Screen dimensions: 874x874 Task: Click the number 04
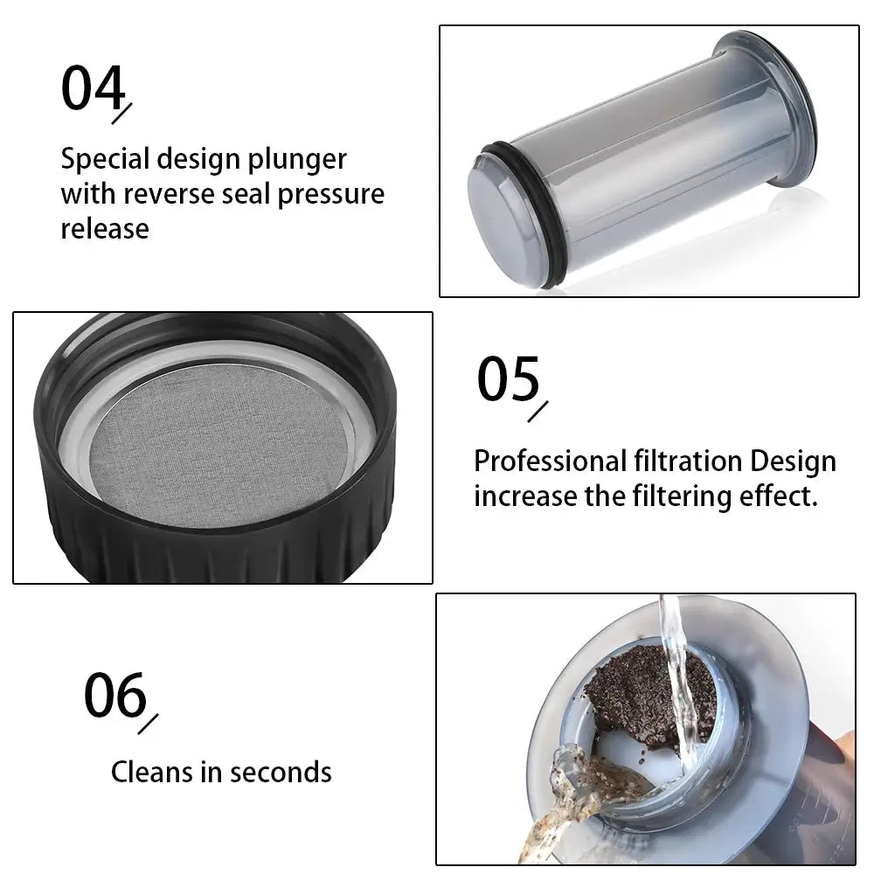tap(94, 87)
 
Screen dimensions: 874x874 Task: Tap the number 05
tap(509, 379)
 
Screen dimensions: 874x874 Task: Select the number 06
tap(115, 695)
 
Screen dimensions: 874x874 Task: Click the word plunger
tap(297, 161)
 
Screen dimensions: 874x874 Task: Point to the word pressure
tap(331, 196)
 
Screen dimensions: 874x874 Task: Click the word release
tap(105, 229)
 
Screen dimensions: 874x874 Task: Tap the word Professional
tap(550, 461)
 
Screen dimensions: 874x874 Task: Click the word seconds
tap(281, 773)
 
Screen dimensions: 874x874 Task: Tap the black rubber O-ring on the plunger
tap(518, 215)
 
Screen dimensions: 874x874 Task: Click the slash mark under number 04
tap(121, 114)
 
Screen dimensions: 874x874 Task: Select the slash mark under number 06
tap(148, 724)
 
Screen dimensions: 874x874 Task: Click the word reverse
tap(169, 196)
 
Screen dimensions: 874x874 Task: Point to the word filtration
tap(688, 461)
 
